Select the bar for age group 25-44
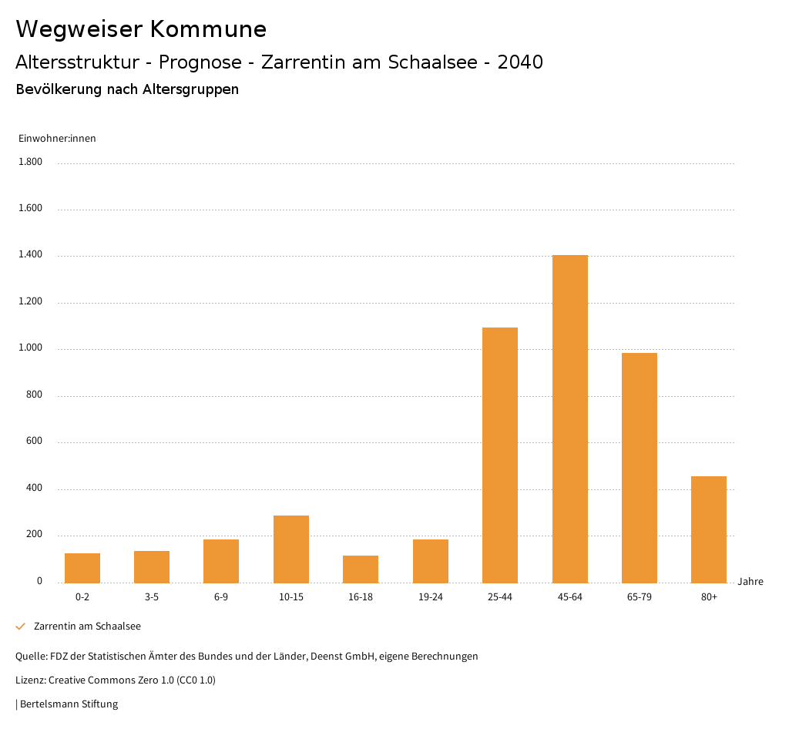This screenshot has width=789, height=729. point(500,455)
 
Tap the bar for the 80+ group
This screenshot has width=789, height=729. point(709,529)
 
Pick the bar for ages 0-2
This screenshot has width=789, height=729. point(82,568)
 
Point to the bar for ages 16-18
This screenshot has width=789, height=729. point(361,569)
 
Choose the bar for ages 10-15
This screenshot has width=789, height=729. point(291,549)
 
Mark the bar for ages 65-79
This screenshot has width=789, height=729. point(640,468)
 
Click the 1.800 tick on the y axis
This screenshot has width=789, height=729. point(30,162)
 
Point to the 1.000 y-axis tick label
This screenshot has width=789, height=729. point(30,348)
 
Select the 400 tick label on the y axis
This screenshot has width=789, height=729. point(34,489)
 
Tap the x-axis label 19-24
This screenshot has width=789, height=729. point(431,597)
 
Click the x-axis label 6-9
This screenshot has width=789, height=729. point(221,597)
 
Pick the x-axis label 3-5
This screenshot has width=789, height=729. point(152,597)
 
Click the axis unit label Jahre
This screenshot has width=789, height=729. point(750,582)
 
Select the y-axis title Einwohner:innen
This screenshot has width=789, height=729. point(57,139)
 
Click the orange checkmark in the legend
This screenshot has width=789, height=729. point(21,627)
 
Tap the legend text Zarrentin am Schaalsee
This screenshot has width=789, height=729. point(87,627)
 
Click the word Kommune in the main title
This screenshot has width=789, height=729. point(208,29)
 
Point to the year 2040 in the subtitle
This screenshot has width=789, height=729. point(520,62)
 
